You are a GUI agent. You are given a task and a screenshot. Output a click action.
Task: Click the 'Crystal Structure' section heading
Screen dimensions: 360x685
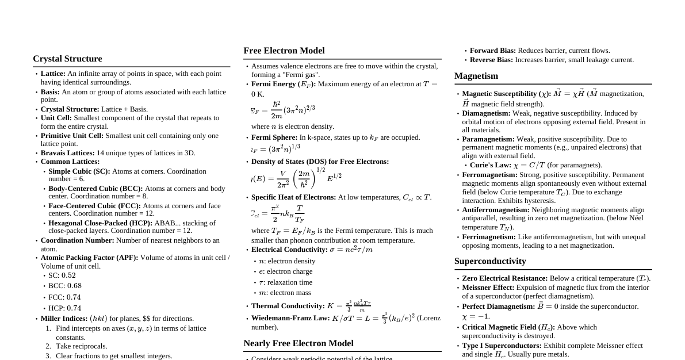point(67,59)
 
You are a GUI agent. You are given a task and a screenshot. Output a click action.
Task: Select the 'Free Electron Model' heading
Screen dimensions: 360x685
point(284,51)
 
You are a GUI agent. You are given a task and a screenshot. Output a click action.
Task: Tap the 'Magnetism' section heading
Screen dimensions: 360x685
point(476,76)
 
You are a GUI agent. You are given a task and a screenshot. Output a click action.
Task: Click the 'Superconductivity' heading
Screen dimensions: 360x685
point(490,261)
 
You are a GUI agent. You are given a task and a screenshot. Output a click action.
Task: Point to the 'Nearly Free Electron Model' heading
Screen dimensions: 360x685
point(299,343)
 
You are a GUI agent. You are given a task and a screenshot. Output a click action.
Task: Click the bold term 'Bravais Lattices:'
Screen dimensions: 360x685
point(67,153)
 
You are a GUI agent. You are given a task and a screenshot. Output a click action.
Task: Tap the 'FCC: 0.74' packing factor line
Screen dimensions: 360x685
point(64,297)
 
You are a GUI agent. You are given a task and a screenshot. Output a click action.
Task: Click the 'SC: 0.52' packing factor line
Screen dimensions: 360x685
point(62,275)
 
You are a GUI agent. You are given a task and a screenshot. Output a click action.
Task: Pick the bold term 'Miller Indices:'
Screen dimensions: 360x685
point(64,319)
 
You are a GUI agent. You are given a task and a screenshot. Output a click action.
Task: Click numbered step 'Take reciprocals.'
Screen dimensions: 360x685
point(81,346)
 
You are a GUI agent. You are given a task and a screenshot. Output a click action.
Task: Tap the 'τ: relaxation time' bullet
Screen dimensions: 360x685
point(285,282)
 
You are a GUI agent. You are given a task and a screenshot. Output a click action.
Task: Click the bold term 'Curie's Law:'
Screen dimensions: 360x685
point(490,165)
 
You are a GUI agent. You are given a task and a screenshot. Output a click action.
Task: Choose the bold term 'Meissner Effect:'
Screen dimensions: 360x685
point(488,288)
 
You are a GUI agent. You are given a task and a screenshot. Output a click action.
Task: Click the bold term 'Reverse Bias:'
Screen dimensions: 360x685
point(491,60)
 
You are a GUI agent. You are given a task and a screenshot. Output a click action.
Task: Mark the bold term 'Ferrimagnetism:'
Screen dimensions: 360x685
point(489,237)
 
